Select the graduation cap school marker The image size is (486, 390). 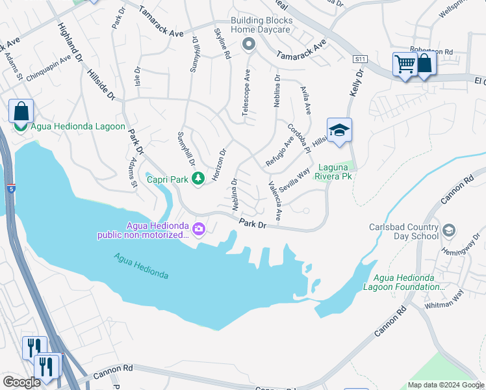pyautogui.click(x=339, y=131)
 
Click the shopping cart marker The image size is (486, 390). pyautogui.click(x=405, y=65)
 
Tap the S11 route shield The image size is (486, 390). pyautogui.click(x=361, y=59)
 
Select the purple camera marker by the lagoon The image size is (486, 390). pyautogui.click(x=199, y=229)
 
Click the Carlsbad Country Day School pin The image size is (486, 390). pyautogui.click(x=449, y=231)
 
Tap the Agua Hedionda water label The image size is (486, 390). pyautogui.click(x=141, y=266)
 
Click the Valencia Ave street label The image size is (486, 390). pyautogui.click(x=275, y=200)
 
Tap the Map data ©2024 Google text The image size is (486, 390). pyautogui.click(x=446, y=385)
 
